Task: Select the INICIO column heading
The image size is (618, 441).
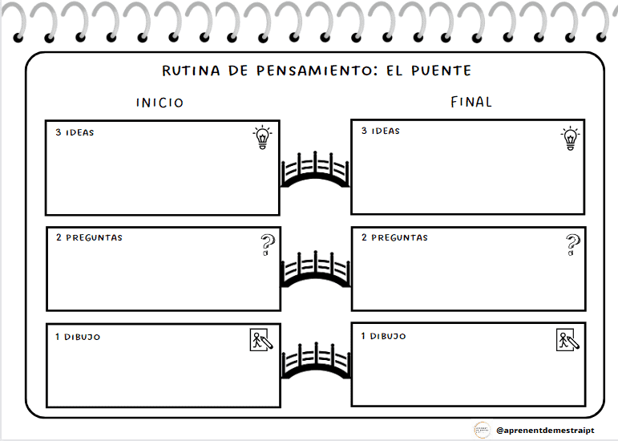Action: point(160,103)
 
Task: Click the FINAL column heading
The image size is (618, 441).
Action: point(471,102)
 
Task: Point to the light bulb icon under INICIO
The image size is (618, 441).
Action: point(262,137)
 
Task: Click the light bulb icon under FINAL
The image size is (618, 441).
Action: point(570,137)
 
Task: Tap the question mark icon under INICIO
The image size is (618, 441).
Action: point(267,245)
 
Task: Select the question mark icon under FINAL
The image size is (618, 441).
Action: point(572,245)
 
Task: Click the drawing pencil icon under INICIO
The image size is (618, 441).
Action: point(261,340)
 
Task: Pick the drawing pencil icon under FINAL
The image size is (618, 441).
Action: point(568,340)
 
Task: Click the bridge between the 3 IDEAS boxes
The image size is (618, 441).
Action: point(315,169)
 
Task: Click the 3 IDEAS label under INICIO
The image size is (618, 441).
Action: point(75,132)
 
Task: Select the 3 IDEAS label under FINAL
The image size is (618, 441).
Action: point(380,131)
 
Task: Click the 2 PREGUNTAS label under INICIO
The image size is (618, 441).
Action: point(89,238)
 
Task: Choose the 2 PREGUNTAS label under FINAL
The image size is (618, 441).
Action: point(394,238)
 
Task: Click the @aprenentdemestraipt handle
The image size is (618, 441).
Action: point(545,431)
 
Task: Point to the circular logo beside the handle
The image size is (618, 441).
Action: point(482,430)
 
